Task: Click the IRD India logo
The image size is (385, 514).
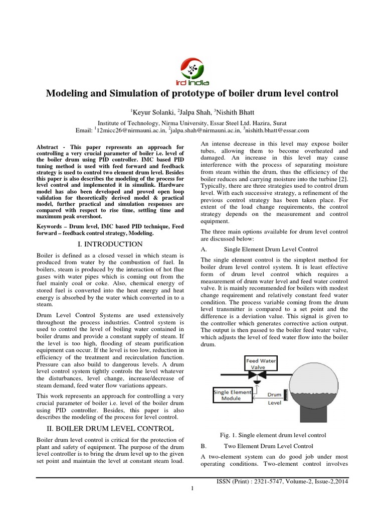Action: pos(192,71)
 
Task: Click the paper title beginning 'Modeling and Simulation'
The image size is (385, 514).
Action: pos(192,93)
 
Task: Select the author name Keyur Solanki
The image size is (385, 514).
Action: pos(148,111)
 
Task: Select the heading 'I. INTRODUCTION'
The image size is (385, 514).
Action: pos(111,244)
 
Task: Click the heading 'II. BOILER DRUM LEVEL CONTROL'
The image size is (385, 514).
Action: pos(110,428)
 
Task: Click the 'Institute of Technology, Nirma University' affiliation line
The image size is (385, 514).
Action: pos(192,122)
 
